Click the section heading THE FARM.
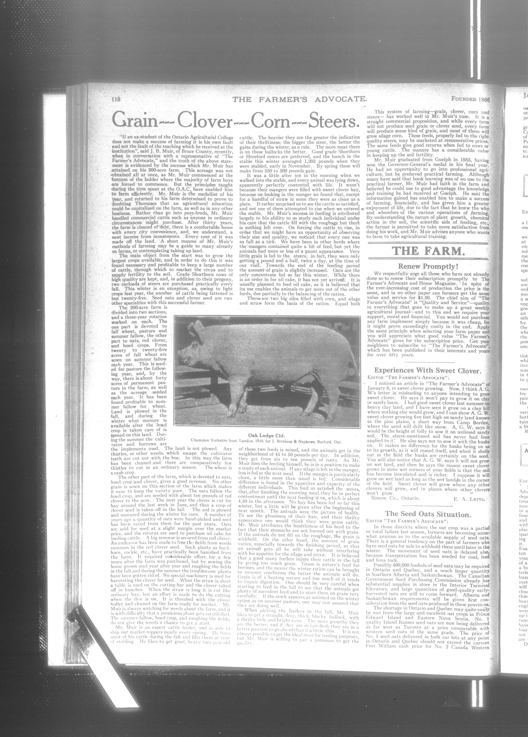pyautogui.click(x=428, y=251)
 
